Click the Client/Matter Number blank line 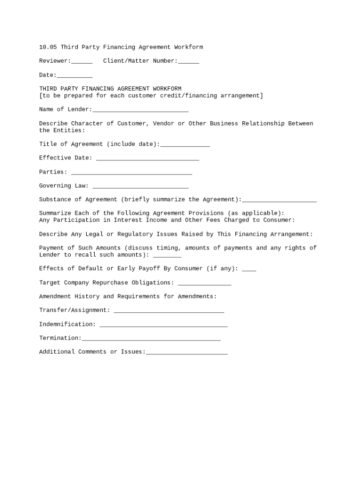189,61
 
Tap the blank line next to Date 74,75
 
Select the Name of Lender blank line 140,110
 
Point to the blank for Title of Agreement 185,145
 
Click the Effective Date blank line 148,158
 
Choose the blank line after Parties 132,173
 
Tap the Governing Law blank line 140,186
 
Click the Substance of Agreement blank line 279,200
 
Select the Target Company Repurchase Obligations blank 205,283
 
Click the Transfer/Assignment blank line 169,311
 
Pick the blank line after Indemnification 164,325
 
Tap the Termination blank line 151,339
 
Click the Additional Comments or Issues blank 187,352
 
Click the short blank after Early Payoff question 249,269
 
